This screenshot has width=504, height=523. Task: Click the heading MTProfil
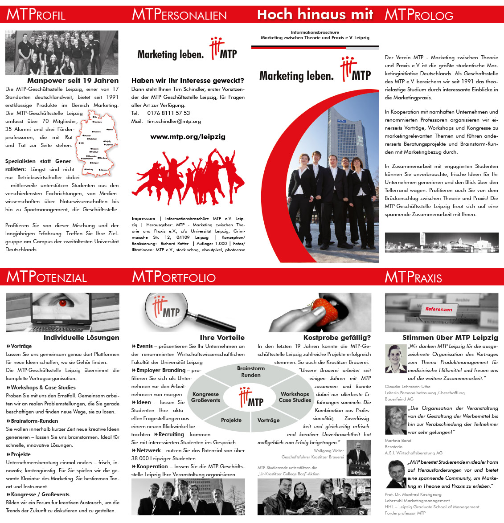(36, 15)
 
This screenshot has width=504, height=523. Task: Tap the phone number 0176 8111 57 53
(168, 113)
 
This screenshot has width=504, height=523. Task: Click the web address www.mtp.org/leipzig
(188, 137)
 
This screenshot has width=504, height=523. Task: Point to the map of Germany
(97, 144)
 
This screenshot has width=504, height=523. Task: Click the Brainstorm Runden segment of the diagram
(251, 372)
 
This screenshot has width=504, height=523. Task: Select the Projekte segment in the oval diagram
(231, 420)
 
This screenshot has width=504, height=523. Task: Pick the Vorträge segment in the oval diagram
(269, 420)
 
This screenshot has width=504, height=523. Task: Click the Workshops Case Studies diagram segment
(295, 397)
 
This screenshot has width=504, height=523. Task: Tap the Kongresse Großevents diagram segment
(205, 397)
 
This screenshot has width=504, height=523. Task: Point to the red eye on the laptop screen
(63, 303)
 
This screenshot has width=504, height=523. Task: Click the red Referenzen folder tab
(438, 309)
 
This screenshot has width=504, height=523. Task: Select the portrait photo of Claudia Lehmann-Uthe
(395, 359)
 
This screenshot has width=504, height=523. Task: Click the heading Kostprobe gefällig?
(337, 338)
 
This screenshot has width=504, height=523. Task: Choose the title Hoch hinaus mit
(315, 15)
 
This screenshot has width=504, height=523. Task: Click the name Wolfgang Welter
(329, 451)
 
